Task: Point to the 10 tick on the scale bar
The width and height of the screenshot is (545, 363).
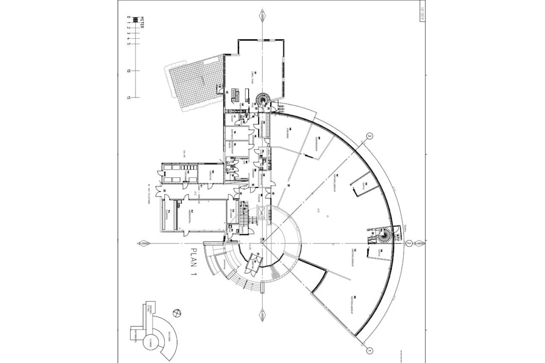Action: (129, 71)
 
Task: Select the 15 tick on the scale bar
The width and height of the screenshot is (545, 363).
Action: (129, 97)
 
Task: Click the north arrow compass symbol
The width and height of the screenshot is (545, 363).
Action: (176, 313)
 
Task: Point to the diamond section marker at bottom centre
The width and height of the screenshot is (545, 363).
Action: (262, 315)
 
